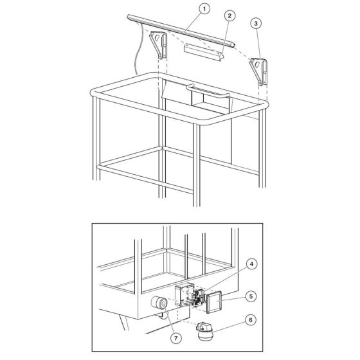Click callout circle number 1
pyautogui.click(x=204, y=9)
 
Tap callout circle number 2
pyautogui.click(x=230, y=15)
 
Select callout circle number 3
pyautogui.click(x=256, y=23)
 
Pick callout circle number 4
pyautogui.click(x=251, y=264)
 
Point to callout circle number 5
pyautogui.click(x=251, y=296)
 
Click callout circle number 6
pyautogui.click(x=251, y=320)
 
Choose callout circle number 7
pyautogui.click(x=176, y=338)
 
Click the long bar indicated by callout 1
pyautogui.click(x=181, y=31)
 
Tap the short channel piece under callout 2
pyautogui.click(x=203, y=52)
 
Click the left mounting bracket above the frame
pyautogui.click(x=159, y=44)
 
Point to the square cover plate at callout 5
pyautogui.click(x=214, y=302)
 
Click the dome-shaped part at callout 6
pyautogui.click(x=205, y=331)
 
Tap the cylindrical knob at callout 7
pyautogui.click(x=159, y=303)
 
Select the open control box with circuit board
pyautogui.click(x=190, y=295)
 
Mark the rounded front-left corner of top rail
pyautogui.click(x=93, y=93)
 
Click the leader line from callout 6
pyautogui.click(x=228, y=326)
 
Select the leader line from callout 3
pyautogui.click(x=258, y=44)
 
